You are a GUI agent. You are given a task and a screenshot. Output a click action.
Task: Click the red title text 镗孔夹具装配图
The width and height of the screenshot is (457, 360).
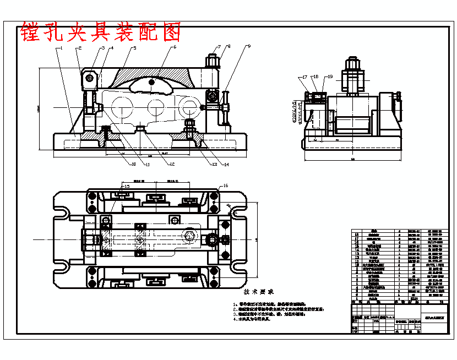(101, 33)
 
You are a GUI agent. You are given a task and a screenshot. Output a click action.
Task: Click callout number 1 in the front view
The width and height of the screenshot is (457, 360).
(62, 48)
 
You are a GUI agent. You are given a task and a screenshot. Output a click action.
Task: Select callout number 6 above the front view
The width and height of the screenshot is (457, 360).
(175, 47)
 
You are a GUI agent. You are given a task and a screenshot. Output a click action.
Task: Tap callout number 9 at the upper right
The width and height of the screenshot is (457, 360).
(248, 47)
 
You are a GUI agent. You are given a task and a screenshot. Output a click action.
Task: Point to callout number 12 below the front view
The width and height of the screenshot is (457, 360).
(172, 163)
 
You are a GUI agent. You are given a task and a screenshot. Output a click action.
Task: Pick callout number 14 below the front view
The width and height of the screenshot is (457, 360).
(226, 165)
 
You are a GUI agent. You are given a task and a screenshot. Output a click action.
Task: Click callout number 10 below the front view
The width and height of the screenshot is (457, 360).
(133, 163)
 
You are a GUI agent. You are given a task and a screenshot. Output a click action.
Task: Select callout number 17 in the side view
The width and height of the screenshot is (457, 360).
(304, 77)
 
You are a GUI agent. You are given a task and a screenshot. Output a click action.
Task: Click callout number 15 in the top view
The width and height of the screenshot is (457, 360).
(127, 187)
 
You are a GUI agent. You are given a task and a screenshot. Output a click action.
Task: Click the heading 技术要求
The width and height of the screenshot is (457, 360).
(259, 292)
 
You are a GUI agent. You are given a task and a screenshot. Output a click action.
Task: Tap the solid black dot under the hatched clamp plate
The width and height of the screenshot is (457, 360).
(153, 83)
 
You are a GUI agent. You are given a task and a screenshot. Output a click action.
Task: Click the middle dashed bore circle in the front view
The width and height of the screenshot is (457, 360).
(155, 106)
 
